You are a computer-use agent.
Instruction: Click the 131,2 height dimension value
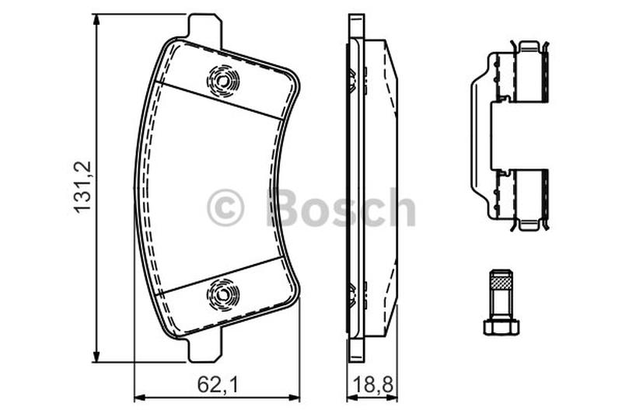82,187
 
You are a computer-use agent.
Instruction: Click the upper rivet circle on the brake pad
223,82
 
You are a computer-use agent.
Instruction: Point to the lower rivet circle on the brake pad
223,294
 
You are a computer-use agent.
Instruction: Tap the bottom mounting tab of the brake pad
204,346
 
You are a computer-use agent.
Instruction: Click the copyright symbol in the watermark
225,207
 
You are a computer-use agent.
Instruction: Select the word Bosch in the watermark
341,207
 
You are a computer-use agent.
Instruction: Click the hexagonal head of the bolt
501,326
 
